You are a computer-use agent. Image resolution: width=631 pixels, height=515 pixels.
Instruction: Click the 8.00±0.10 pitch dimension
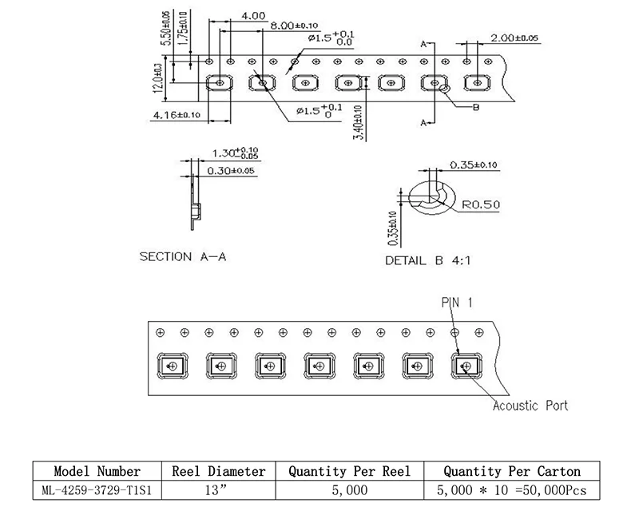coord(294,26)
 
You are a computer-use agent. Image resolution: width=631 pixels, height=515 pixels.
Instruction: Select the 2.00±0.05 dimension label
coord(514,38)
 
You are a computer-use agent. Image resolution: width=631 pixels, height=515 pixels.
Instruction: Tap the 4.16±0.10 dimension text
coord(177,115)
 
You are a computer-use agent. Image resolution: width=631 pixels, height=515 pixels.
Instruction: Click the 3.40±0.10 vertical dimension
coord(358,123)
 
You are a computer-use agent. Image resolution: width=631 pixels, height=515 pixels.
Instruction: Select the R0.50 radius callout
coord(481,204)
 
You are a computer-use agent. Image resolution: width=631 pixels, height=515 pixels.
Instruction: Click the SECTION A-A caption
coord(183,256)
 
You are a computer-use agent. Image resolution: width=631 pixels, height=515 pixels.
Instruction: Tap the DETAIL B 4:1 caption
coord(428,261)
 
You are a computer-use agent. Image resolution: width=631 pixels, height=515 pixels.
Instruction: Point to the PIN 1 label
coord(457,302)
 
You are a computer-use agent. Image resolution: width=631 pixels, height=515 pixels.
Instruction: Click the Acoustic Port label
coord(530,406)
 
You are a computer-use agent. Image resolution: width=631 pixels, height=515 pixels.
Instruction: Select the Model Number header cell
coord(97,471)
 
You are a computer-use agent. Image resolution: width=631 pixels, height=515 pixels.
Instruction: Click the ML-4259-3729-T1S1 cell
coord(97,490)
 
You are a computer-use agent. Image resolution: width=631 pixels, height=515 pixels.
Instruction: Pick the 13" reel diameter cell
coord(219,490)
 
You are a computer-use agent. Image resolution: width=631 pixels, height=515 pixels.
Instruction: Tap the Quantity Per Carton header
coord(512,471)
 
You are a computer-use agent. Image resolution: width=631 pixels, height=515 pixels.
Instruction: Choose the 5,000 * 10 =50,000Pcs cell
coord(512,490)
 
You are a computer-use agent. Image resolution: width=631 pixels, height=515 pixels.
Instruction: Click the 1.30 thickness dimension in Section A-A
coord(236,153)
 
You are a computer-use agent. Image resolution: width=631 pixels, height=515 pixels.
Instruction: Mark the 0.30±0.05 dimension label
coord(231,171)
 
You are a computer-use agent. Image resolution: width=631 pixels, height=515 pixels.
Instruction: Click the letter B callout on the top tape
coord(476,108)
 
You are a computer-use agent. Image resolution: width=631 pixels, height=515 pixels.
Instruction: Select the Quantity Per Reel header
coord(350,471)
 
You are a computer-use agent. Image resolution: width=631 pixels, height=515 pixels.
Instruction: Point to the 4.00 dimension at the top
coord(253,16)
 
